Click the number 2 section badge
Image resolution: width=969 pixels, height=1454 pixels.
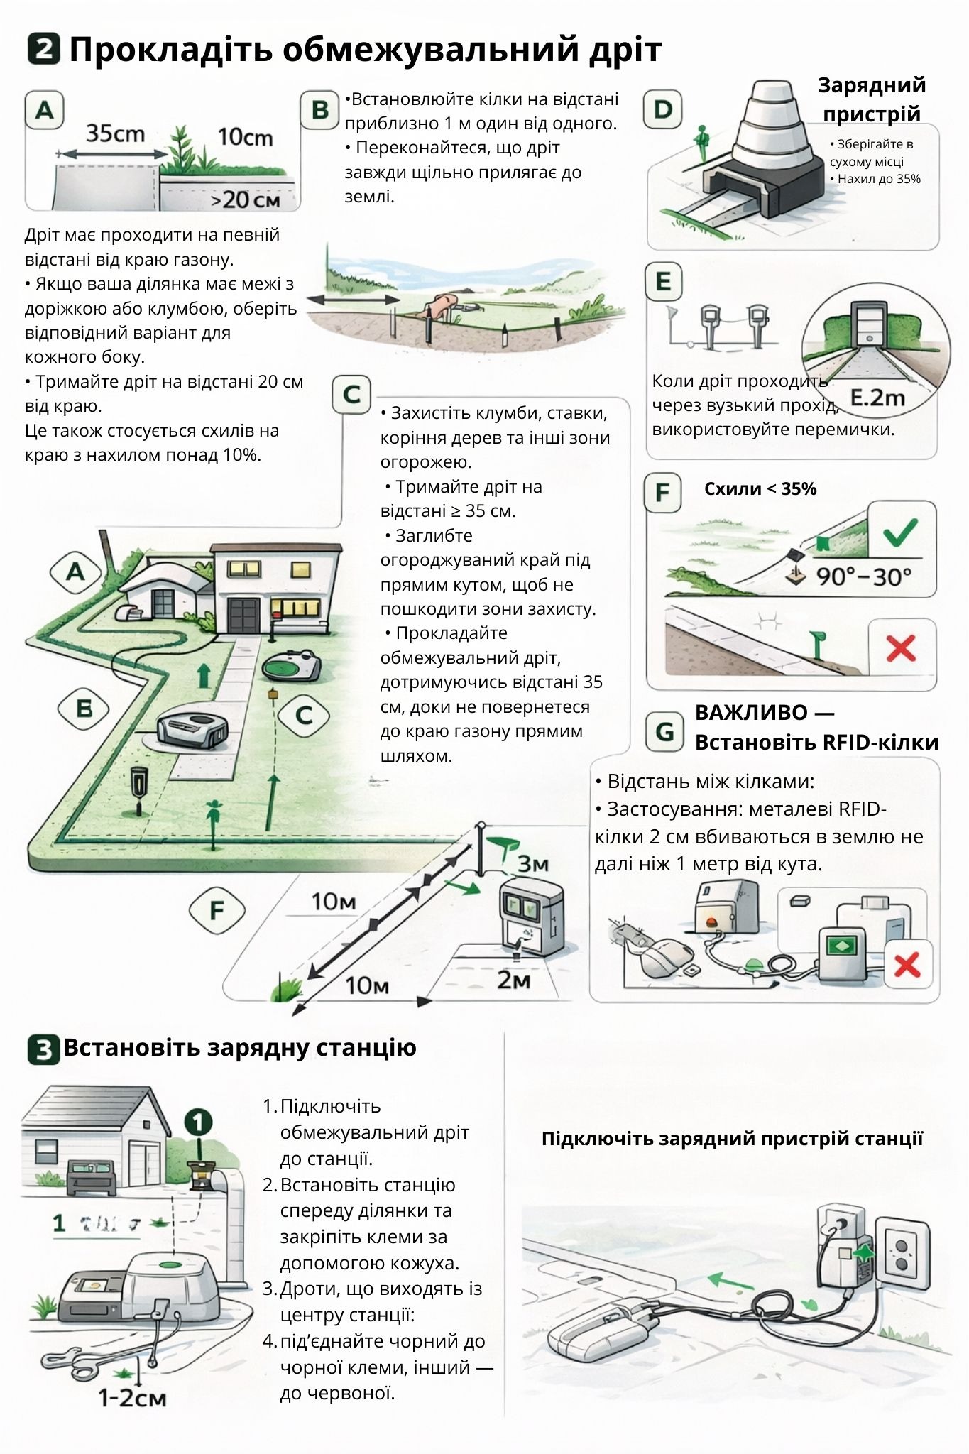pos(44,50)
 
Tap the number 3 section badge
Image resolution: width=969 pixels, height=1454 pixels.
pos(43,1049)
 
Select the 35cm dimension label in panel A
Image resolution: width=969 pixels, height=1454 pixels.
pos(115,133)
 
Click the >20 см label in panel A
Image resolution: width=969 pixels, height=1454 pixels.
pos(246,200)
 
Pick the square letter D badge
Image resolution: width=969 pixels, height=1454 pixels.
pos(662,109)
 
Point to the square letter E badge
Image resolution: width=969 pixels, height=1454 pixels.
pos(664,281)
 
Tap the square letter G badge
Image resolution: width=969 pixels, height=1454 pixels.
pos(664,732)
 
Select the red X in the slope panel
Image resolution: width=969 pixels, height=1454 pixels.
pos(902,648)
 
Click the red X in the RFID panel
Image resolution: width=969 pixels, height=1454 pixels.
pos(907,965)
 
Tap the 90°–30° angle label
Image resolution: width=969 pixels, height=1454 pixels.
pos(863,576)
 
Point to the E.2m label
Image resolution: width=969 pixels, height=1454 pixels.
pos(877,398)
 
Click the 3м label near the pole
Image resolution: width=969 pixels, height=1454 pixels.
pos(532,863)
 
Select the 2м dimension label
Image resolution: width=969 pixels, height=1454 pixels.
pos(513,980)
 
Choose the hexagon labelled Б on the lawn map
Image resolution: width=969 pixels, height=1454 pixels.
pos(84,709)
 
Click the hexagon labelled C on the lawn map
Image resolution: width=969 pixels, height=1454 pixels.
pos(304,715)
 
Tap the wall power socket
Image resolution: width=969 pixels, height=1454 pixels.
pos(902,1254)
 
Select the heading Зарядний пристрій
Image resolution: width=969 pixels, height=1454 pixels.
pos(872,99)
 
